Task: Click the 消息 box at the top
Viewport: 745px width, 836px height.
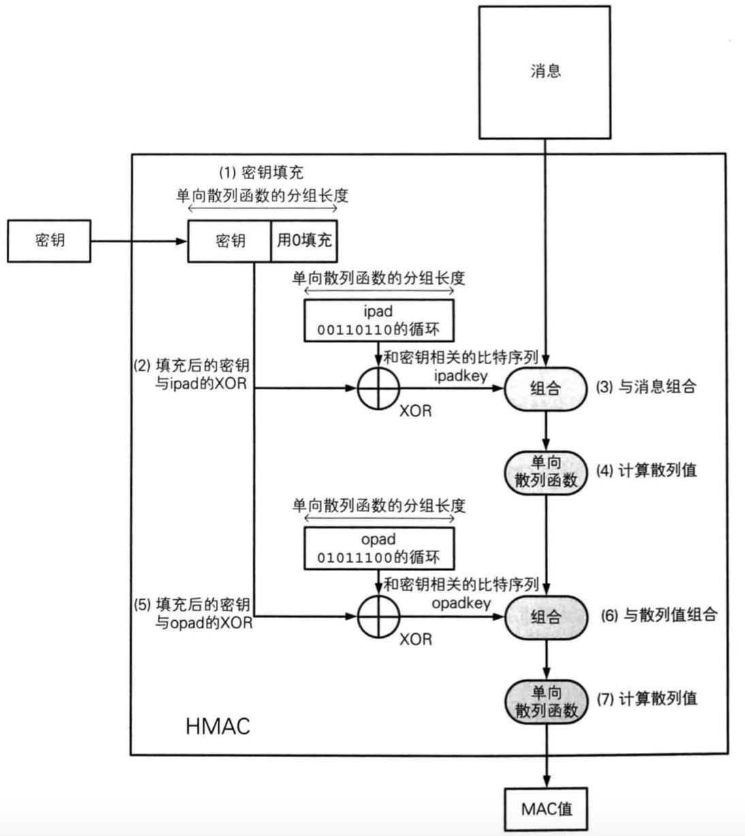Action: [545, 71]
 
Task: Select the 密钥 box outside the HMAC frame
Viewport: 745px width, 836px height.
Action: [48, 240]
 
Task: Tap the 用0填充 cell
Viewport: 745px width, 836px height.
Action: [304, 240]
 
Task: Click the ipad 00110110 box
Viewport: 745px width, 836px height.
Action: [379, 321]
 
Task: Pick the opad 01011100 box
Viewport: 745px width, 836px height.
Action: [379, 549]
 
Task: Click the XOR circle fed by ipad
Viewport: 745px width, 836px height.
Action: [378, 389]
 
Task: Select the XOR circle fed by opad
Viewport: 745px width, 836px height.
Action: [378, 617]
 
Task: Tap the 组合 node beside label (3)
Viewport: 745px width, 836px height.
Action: [545, 389]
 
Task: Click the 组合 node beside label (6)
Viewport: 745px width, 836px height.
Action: [545, 617]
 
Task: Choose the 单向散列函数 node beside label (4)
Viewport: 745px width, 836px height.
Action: [545, 472]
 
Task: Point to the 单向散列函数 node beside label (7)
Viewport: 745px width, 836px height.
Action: [545, 702]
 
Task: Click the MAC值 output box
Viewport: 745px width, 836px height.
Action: [546, 809]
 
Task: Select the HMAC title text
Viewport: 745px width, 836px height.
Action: [218, 726]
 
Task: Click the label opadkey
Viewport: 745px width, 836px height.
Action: [461, 603]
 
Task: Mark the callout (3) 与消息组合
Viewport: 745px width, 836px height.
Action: [646, 387]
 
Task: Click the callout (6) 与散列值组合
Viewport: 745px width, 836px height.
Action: [659, 615]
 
